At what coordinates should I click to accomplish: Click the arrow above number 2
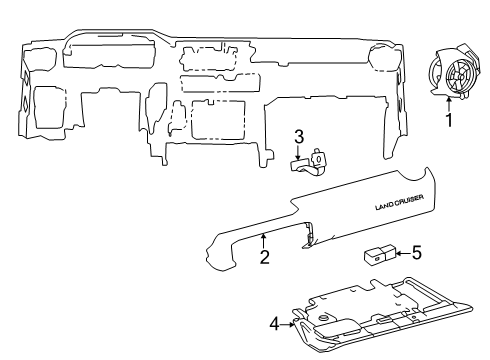(x=262, y=240)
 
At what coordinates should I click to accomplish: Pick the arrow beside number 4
(x=289, y=323)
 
